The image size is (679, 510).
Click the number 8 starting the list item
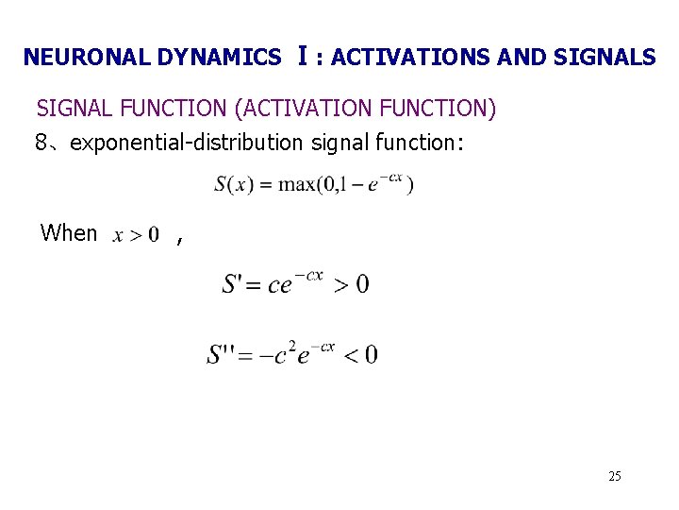[x=41, y=143]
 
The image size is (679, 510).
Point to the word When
[x=69, y=233]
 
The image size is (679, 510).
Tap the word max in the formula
[x=295, y=184]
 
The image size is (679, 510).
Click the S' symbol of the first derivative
[x=233, y=283]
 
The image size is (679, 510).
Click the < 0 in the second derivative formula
[x=359, y=354]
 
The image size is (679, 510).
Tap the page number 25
[x=615, y=476]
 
